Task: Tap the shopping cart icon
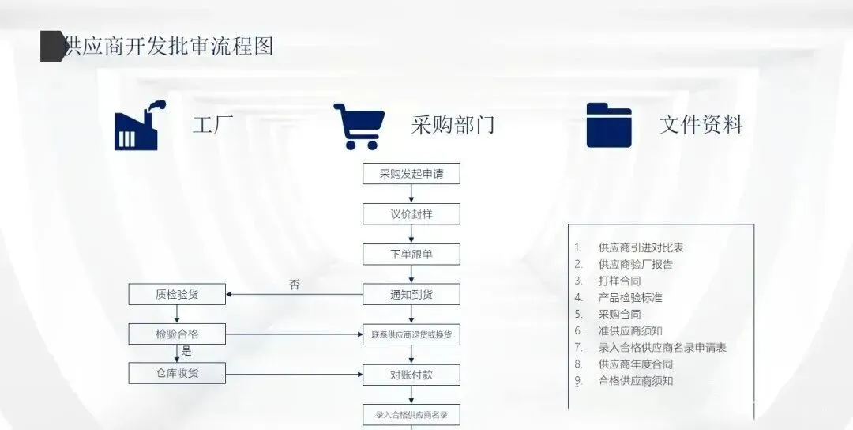click(359, 126)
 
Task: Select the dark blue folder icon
click(609, 126)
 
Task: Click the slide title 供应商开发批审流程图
click(168, 46)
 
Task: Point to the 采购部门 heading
click(453, 125)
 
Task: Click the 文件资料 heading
click(701, 125)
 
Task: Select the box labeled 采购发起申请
click(411, 174)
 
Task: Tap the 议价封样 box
click(411, 214)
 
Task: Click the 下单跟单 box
click(411, 255)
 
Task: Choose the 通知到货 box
click(411, 295)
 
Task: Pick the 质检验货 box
click(177, 295)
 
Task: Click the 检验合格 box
click(177, 334)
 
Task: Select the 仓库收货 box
click(177, 372)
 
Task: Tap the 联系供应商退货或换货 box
click(411, 334)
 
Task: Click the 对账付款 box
click(411, 375)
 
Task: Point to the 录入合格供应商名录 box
click(411, 415)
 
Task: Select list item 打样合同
click(619, 281)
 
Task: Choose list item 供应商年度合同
click(636, 364)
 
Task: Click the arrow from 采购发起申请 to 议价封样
click(411, 194)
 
